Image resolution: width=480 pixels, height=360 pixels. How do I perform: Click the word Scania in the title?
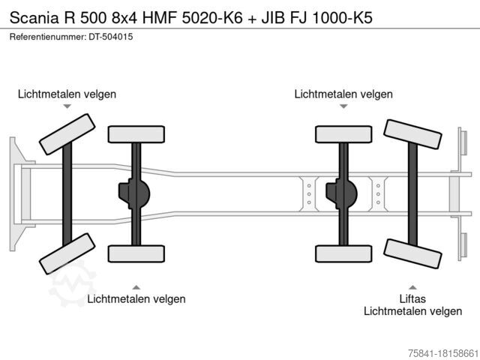[34, 18]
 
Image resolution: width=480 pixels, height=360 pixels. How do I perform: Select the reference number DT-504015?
[111, 37]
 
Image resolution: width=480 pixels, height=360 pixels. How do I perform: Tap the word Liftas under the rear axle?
[412, 298]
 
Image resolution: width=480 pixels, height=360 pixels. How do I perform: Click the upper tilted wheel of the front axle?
[67, 134]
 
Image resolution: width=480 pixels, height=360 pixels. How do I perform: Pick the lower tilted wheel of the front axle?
[67, 253]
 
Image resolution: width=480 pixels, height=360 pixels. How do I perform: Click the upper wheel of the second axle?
[136, 134]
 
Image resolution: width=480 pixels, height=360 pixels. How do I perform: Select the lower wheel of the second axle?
[136, 253]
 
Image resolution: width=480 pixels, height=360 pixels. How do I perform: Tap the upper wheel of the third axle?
[343, 134]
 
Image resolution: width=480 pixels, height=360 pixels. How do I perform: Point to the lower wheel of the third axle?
[343, 253]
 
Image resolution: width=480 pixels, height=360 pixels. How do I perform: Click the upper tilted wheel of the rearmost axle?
[412, 134]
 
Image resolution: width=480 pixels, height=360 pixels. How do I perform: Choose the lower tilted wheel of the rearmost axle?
[412, 253]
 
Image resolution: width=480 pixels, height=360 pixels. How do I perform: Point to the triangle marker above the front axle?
[67, 106]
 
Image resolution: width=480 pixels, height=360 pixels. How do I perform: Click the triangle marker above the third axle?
[343, 106]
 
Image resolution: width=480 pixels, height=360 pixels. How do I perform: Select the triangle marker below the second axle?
[136, 287]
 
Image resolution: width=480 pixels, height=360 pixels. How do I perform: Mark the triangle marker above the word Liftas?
[412, 287]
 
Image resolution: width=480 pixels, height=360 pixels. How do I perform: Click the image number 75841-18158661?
[443, 353]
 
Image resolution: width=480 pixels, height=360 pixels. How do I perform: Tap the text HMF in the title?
[160, 18]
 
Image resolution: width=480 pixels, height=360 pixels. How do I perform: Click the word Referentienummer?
[48, 37]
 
